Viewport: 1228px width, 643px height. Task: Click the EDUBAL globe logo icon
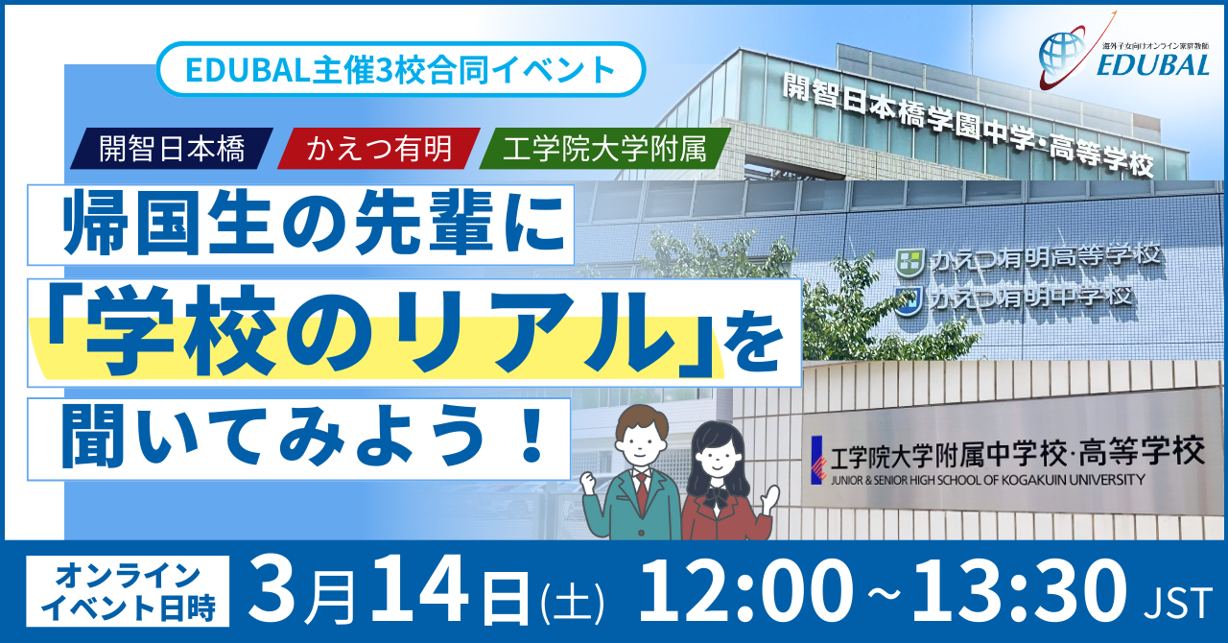[x=1064, y=55]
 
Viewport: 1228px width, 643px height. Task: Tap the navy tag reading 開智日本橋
[x=172, y=148]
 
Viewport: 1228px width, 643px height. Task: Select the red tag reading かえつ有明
[x=379, y=148]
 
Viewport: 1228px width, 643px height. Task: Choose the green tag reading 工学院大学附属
[x=604, y=148]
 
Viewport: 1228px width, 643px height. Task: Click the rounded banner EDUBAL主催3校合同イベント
[x=401, y=70]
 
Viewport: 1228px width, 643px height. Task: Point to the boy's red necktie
[x=642, y=493]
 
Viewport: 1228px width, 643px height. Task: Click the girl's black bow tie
[x=717, y=496]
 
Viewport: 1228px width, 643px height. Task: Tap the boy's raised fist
[x=589, y=483]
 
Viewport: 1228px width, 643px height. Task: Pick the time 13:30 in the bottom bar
[x=1017, y=591]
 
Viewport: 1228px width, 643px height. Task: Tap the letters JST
[x=1179, y=603]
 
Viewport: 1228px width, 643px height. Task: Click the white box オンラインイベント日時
[x=128, y=591]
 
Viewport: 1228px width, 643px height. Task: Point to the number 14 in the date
[x=420, y=591]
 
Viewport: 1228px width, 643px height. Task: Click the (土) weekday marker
[x=573, y=603]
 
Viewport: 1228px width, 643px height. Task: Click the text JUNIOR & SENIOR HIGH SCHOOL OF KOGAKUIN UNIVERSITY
[x=987, y=480]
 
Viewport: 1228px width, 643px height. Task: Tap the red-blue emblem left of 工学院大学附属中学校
[x=818, y=460]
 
